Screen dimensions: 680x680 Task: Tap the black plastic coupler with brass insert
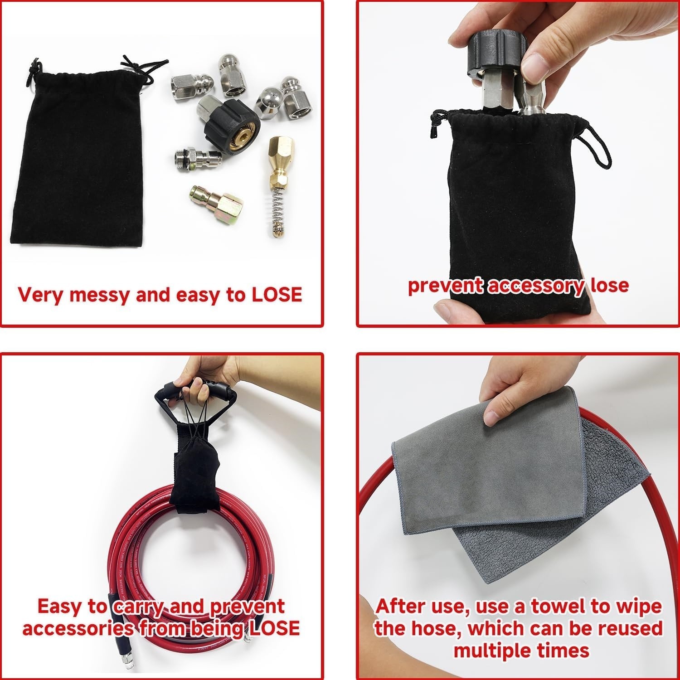click(229, 119)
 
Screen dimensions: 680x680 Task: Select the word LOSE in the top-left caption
click(277, 295)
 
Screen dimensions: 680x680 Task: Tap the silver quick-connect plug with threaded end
click(198, 159)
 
